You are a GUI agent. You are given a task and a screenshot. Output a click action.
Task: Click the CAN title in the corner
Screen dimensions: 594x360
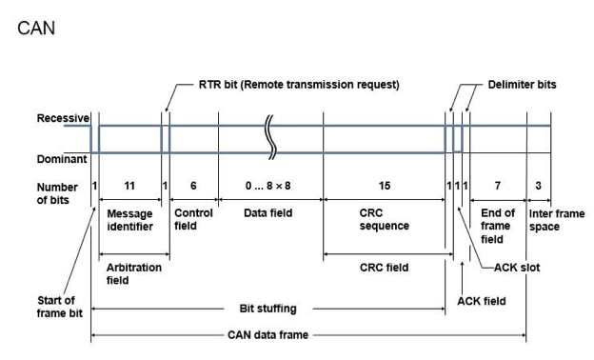pyautogui.click(x=36, y=28)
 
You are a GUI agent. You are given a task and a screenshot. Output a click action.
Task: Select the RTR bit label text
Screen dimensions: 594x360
pyautogui.click(x=299, y=84)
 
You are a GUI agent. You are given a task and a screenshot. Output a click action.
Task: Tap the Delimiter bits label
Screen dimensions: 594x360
pyautogui.click(x=522, y=84)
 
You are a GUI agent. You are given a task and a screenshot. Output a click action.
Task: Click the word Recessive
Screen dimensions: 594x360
pyautogui.click(x=63, y=118)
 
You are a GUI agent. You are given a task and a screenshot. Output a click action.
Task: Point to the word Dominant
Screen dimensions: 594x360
pyautogui.click(x=62, y=159)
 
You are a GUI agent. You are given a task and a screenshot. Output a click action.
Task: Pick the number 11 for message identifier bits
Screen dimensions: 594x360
pyautogui.click(x=129, y=186)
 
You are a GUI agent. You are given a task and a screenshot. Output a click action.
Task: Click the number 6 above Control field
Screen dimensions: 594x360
pyautogui.click(x=193, y=186)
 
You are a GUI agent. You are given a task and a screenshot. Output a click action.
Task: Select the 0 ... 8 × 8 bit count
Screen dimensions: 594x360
pyautogui.click(x=267, y=186)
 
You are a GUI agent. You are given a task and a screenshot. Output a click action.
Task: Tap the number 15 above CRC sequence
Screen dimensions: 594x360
pyautogui.click(x=385, y=186)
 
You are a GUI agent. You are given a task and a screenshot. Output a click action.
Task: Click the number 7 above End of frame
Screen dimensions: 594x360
pyautogui.click(x=498, y=186)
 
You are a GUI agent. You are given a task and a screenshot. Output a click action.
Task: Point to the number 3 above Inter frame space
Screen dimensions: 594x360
pyautogui.click(x=538, y=186)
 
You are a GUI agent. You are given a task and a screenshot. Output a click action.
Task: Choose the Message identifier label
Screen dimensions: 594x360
pyautogui.click(x=129, y=220)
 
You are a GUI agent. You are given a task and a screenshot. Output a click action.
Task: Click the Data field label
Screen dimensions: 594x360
pyautogui.click(x=267, y=213)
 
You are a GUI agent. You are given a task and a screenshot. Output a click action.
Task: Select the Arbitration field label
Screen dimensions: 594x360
pyautogui.click(x=133, y=273)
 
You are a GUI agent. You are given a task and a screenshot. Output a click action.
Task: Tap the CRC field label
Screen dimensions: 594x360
pyautogui.click(x=384, y=268)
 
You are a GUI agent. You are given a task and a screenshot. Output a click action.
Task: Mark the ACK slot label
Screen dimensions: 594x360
pyautogui.click(x=517, y=268)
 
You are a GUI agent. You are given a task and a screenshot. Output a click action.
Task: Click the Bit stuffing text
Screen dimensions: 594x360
pyautogui.click(x=267, y=309)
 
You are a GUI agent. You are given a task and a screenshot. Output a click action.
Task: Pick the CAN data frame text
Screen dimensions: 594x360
pyautogui.click(x=267, y=335)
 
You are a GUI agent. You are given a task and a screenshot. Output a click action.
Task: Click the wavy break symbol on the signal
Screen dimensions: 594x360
pyautogui.click(x=270, y=137)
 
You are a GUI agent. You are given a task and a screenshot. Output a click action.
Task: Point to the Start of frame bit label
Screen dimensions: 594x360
pyautogui.click(x=59, y=307)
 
